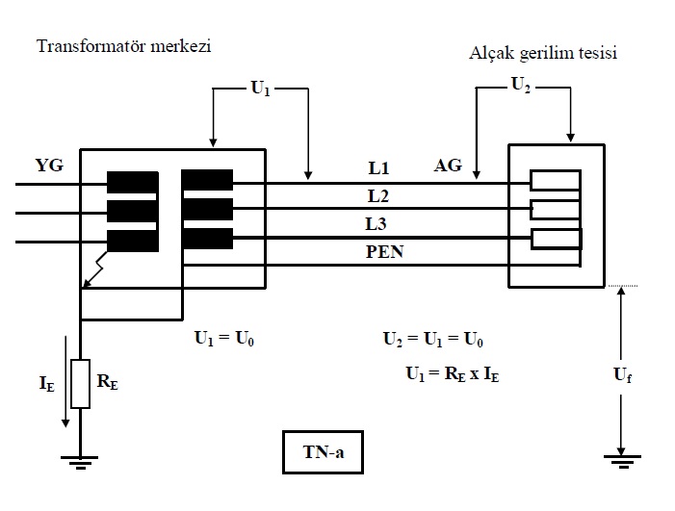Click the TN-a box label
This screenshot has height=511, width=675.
[x=322, y=450]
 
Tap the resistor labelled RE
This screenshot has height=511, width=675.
[x=80, y=383]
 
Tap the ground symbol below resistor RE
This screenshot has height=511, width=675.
[x=80, y=461]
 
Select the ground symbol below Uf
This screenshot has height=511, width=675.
[x=622, y=461]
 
